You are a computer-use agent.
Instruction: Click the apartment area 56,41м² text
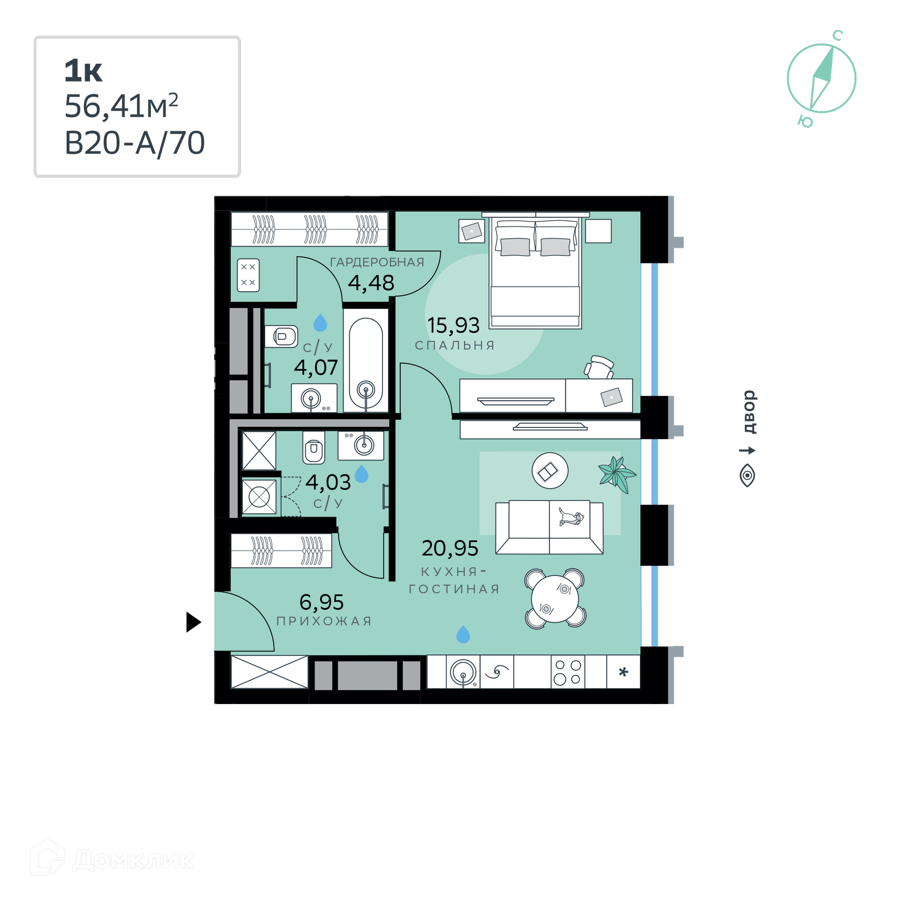pos(121,106)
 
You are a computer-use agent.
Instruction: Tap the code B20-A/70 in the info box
pos(135,143)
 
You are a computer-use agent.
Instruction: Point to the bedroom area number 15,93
pos(453,325)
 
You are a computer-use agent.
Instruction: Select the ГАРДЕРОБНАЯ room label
pos(377,262)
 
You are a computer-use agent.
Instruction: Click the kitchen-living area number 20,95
pos(450,548)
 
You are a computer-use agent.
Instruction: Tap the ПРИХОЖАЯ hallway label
pos(324,621)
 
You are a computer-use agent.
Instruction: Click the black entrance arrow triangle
pos(194,622)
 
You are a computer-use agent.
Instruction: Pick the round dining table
pos(555,599)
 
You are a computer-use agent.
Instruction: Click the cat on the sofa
pos(570,517)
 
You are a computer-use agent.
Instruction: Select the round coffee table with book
pos(550,471)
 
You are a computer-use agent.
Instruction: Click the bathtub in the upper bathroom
pos(366,361)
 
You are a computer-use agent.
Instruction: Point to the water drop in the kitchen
pos(463,634)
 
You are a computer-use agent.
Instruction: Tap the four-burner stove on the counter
pos(568,672)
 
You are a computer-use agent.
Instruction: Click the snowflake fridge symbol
pos(623,672)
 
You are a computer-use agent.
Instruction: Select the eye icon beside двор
pos(747,475)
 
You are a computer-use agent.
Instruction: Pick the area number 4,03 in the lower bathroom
pos(328,482)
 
